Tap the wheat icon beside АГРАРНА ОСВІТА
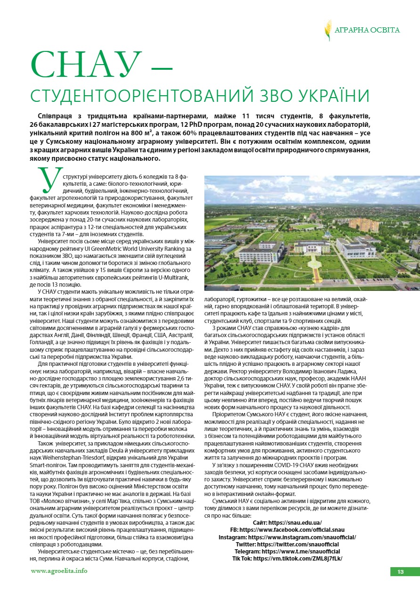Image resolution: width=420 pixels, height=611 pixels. [328, 30]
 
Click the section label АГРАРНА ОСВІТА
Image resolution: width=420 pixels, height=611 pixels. [367, 30]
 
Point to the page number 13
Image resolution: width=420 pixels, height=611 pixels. [400, 572]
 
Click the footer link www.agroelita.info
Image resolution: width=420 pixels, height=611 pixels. [59, 570]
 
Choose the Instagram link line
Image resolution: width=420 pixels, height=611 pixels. [287, 537]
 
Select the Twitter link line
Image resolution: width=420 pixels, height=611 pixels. [287, 544]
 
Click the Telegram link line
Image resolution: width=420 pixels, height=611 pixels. [287, 551]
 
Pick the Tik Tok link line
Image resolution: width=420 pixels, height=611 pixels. [287, 558]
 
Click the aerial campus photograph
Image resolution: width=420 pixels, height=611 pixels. [312, 233]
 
